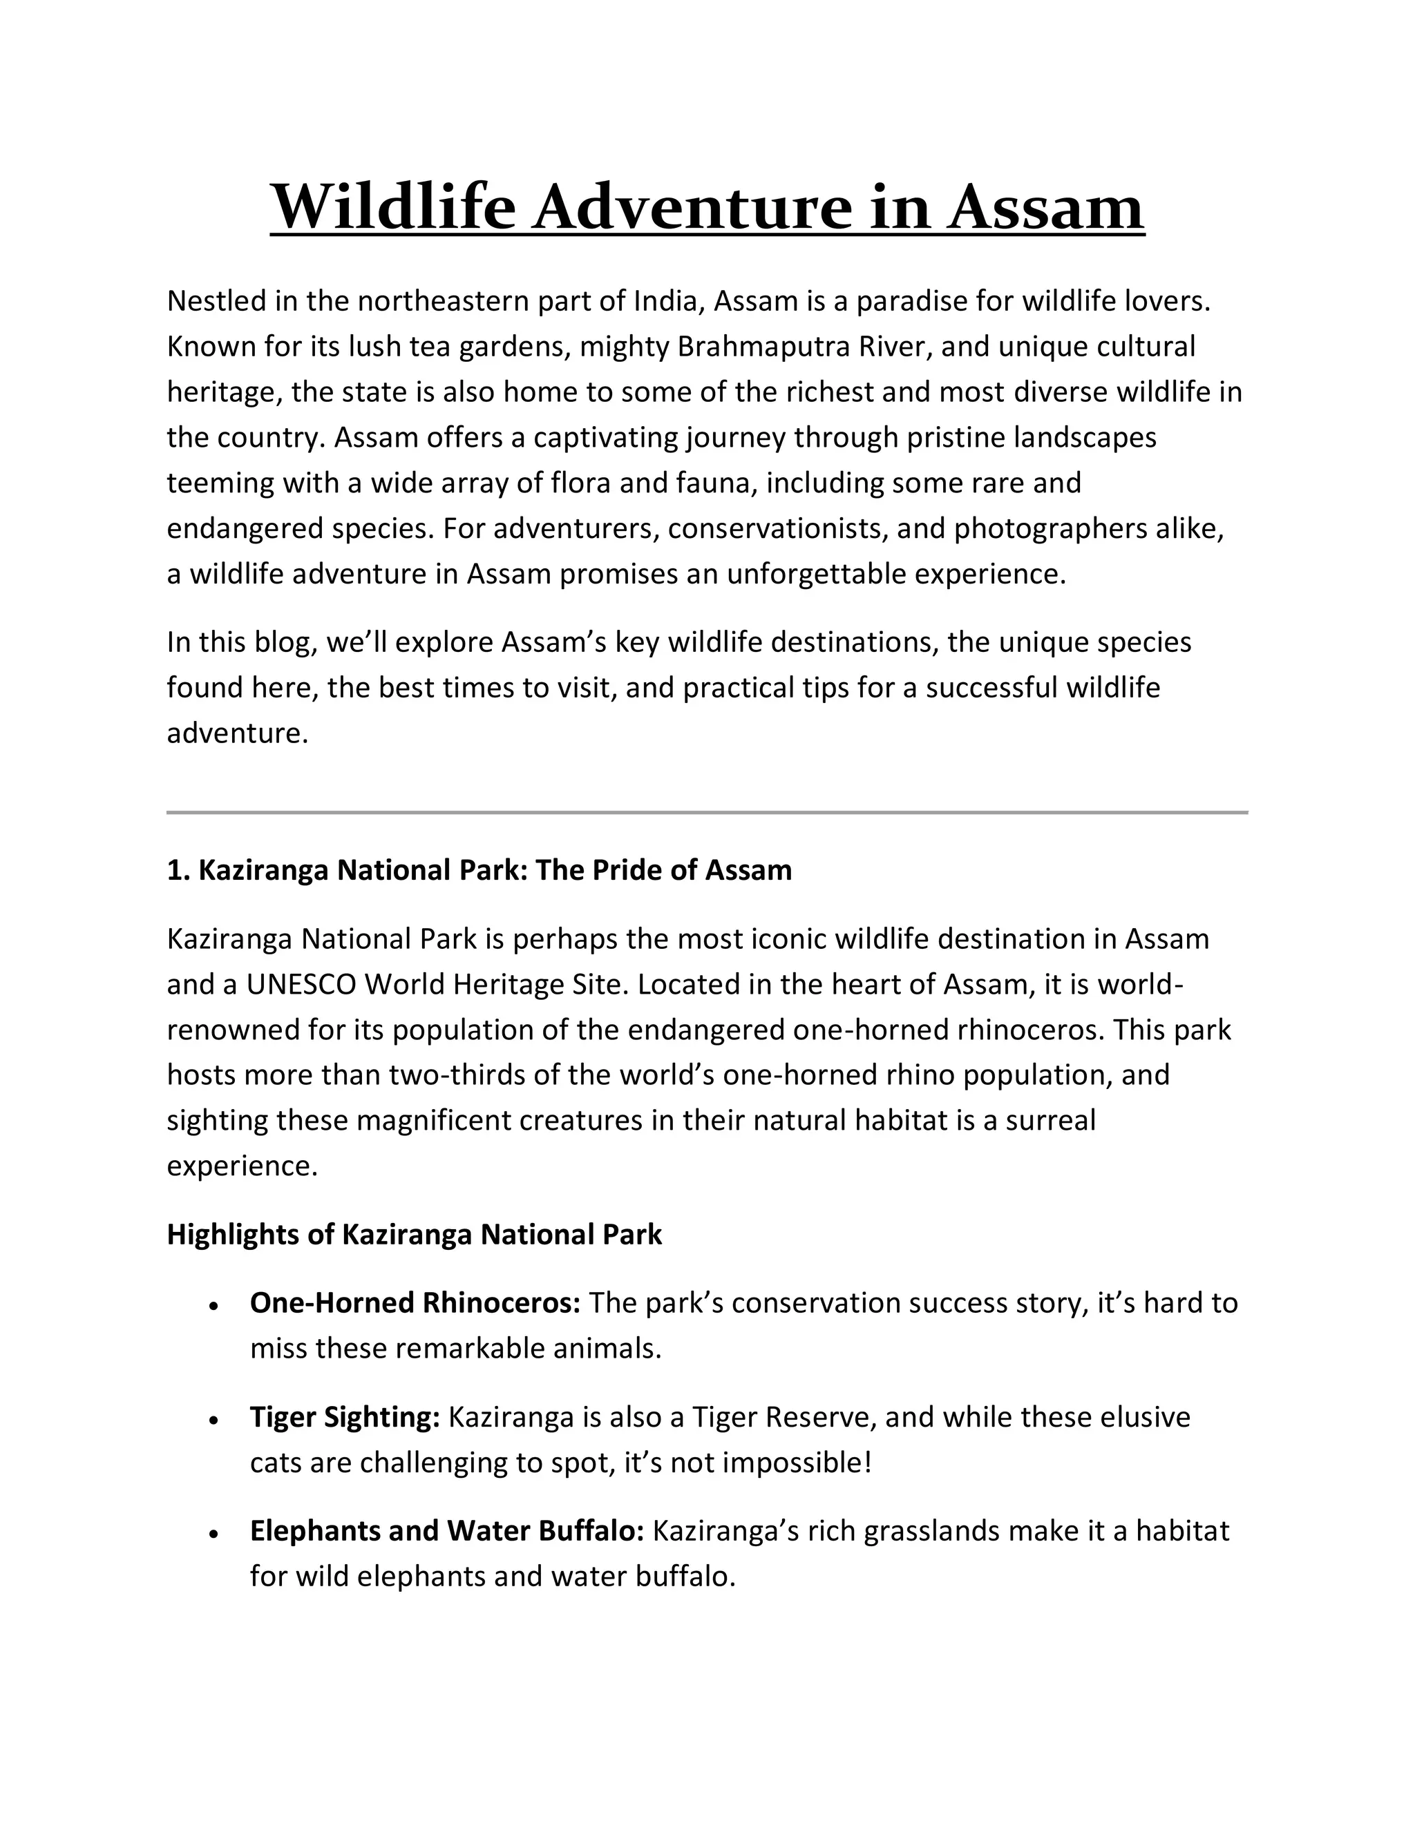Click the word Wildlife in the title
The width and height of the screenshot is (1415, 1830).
(392, 207)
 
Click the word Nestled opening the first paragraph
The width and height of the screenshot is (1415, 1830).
(216, 301)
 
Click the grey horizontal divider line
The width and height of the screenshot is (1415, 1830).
(707, 812)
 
